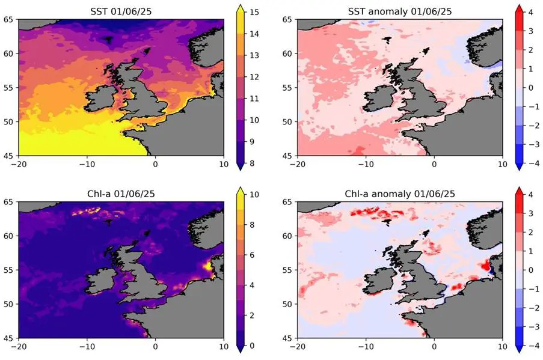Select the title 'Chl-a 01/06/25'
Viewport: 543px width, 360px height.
pos(121,194)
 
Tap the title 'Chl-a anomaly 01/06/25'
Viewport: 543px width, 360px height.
pos(399,194)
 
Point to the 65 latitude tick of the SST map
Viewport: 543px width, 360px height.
pos(10,19)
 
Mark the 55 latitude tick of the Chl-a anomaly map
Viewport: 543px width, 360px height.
pos(288,270)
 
